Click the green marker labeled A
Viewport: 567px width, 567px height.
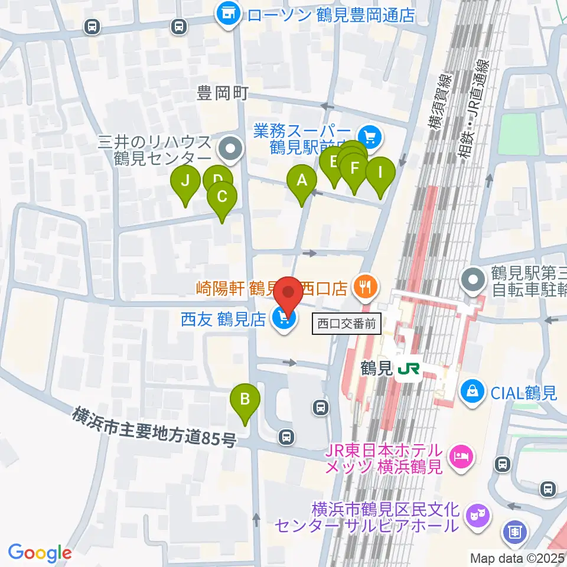(302, 180)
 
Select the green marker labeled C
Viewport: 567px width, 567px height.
(222, 197)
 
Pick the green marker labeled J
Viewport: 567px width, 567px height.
(185, 181)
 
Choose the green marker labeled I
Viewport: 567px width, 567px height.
(380, 173)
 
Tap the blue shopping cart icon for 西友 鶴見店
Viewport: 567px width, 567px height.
(284, 320)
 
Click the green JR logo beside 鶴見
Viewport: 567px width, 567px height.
(408, 369)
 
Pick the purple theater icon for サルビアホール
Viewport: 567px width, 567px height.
(475, 516)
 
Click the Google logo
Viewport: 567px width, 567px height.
(40, 553)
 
